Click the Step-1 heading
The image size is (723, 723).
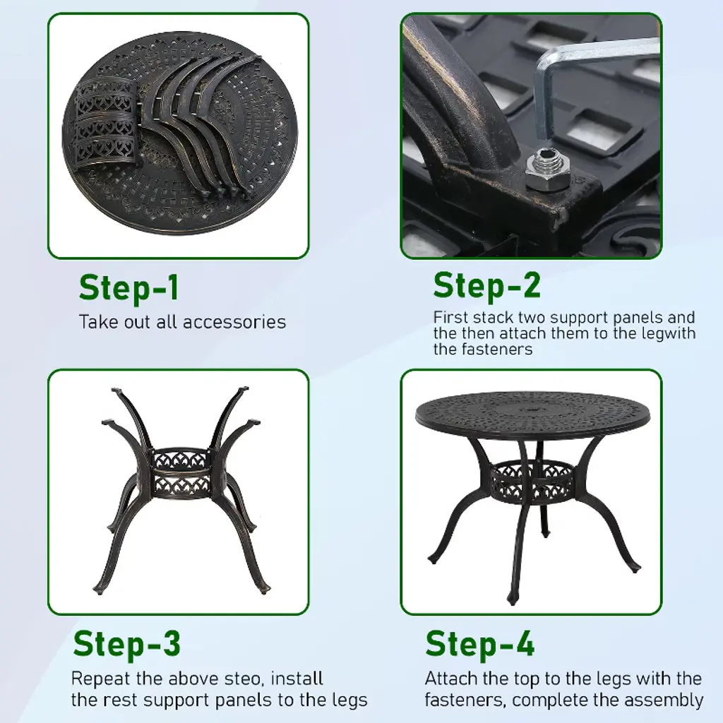(129, 289)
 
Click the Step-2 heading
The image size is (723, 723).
(487, 286)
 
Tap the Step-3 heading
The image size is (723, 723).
(127, 644)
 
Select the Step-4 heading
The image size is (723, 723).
(480, 644)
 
